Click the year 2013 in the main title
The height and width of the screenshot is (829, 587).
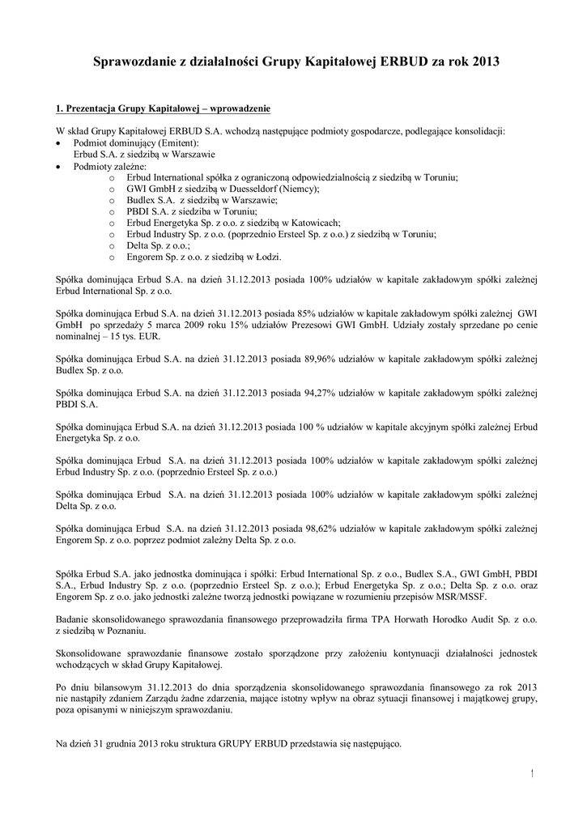tap(482, 62)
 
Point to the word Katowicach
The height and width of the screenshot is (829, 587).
tap(315, 222)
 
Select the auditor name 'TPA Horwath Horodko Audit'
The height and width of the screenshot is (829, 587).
tap(434, 619)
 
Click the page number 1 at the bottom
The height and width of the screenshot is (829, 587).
tap(532, 775)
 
